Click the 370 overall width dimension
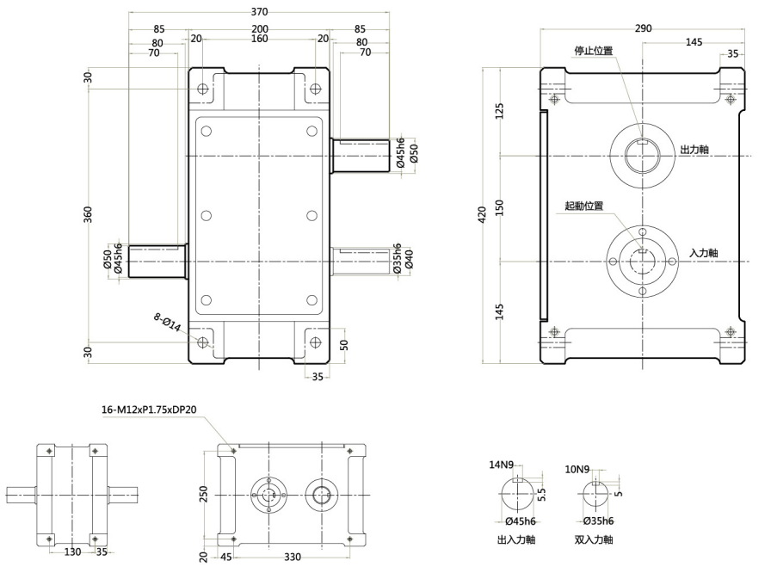pyautogui.click(x=259, y=12)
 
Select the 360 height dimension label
pyautogui.click(x=89, y=214)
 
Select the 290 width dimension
pyautogui.click(x=641, y=28)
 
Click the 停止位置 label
pyautogui.click(x=593, y=51)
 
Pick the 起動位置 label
pyautogui.click(x=583, y=206)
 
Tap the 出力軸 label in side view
pyautogui.click(x=694, y=150)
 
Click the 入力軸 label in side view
pyautogui.click(x=704, y=253)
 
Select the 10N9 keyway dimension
pyautogui.click(x=577, y=470)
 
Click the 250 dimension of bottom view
pyautogui.click(x=204, y=495)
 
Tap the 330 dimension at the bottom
pyautogui.click(x=293, y=558)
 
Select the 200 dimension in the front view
pyautogui.click(x=259, y=28)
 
